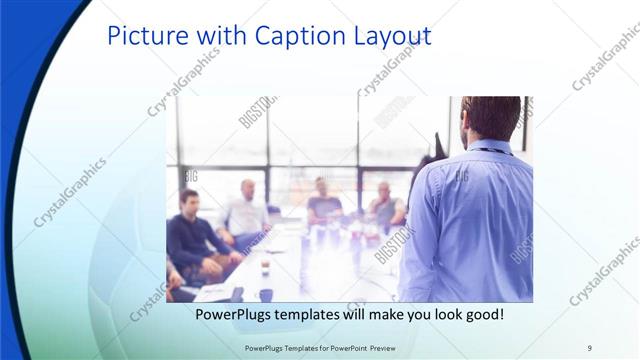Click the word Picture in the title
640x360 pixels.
(x=147, y=36)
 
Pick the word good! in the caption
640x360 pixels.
(x=481, y=314)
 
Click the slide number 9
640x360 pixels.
(x=589, y=347)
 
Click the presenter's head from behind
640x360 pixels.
(x=491, y=118)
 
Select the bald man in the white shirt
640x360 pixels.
(x=246, y=211)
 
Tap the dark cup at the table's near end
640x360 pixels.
(x=266, y=294)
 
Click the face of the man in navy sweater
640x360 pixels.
(x=189, y=201)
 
